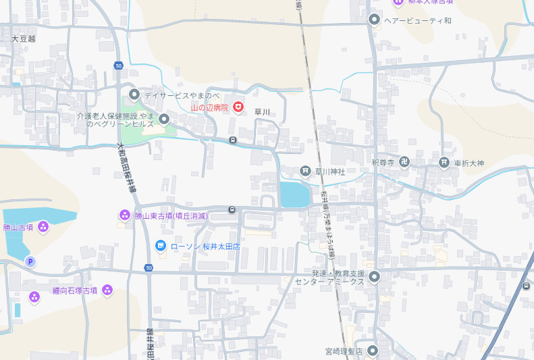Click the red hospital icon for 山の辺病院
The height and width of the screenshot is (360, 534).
click(x=238, y=107)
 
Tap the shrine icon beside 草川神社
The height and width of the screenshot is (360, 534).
click(x=305, y=172)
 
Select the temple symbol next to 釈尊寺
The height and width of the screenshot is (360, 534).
click(x=404, y=162)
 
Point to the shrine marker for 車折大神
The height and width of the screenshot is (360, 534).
click(x=444, y=162)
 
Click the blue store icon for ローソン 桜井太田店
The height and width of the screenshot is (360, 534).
click(x=161, y=246)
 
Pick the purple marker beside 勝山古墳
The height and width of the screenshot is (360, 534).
click(x=43, y=227)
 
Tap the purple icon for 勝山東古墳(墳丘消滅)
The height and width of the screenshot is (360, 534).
click(x=124, y=215)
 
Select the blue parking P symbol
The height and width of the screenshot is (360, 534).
click(x=30, y=261)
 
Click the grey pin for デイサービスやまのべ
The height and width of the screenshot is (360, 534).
click(x=134, y=95)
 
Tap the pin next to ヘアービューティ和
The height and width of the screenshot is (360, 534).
click(x=375, y=19)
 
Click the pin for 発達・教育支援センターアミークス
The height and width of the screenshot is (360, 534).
click(x=375, y=276)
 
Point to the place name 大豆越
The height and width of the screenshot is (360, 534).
click(x=23, y=39)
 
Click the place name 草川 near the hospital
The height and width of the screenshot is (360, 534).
click(x=262, y=112)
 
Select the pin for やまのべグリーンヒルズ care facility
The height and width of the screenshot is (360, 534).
click(x=163, y=120)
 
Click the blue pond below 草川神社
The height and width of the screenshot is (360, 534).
click(x=295, y=195)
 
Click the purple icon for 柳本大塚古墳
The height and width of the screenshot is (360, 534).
click(x=398, y=2)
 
